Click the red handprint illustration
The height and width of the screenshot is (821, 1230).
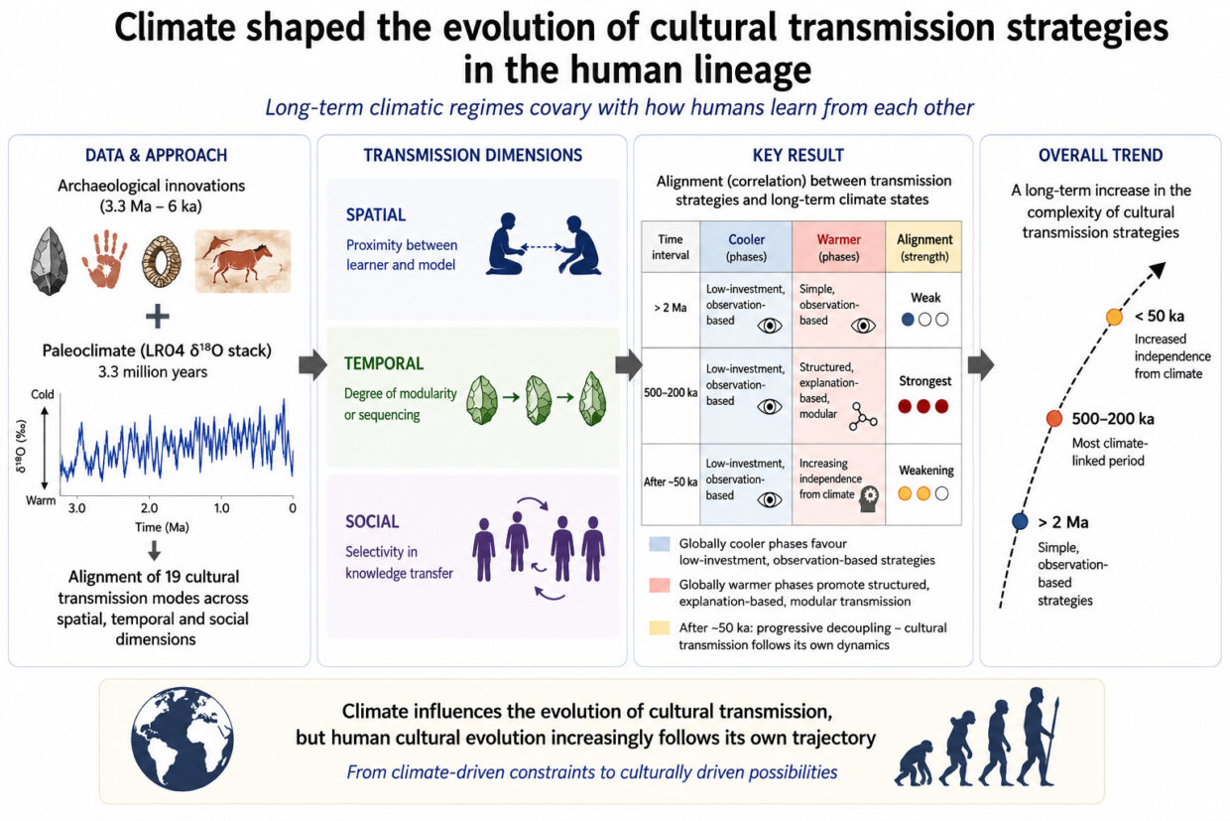click(x=104, y=259)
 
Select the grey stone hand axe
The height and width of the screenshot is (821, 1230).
click(x=50, y=261)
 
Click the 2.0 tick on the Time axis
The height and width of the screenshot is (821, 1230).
click(x=150, y=507)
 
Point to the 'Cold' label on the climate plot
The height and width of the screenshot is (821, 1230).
click(x=43, y=394)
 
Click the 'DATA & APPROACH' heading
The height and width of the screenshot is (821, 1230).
click(x=156, y=155)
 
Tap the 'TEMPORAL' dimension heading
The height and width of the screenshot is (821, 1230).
click(x=384, y=363)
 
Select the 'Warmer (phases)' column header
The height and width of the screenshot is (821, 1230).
click(x=838, y=247)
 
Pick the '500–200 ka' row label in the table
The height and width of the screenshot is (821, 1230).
click(x=671, y=392)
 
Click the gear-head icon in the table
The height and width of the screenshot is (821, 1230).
click(x=868, y=498)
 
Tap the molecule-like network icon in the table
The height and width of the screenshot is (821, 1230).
click(x=862, y=416)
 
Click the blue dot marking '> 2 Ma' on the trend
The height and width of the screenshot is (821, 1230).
click(x=1020, y=521)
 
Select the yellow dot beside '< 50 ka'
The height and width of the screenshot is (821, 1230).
click(x=1114, y=317)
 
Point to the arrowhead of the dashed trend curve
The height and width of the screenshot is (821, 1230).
click(x=1159, y=269)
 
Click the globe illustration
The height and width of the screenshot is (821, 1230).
click(x=183, y=739)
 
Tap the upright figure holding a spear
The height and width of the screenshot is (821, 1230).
click(x=1038, y=737)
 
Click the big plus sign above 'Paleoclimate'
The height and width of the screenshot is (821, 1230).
click(x=158, y=317)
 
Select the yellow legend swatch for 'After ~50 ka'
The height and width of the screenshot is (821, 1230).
click(x=659, y=627)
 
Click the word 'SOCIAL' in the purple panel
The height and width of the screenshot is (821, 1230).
click(x=372, y=521)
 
